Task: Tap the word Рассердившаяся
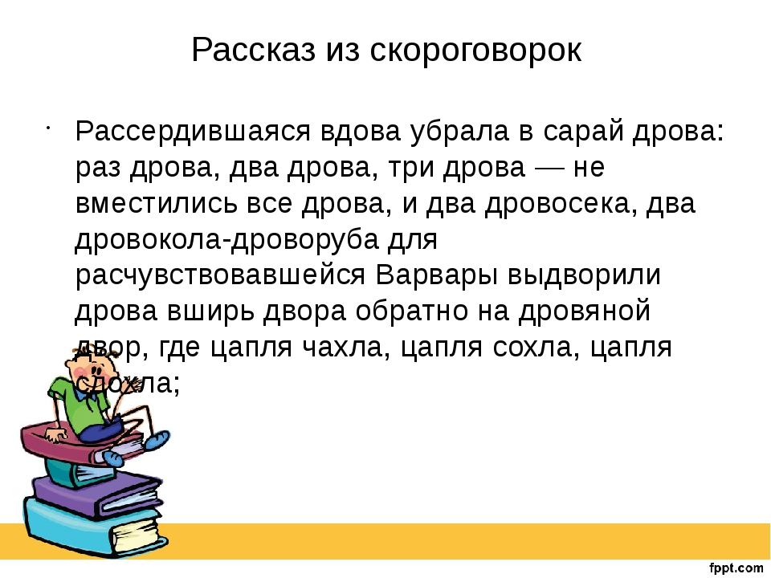pyautogui.click(x=200, y=131)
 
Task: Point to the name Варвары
pyautogui.click(x=436, y=275)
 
